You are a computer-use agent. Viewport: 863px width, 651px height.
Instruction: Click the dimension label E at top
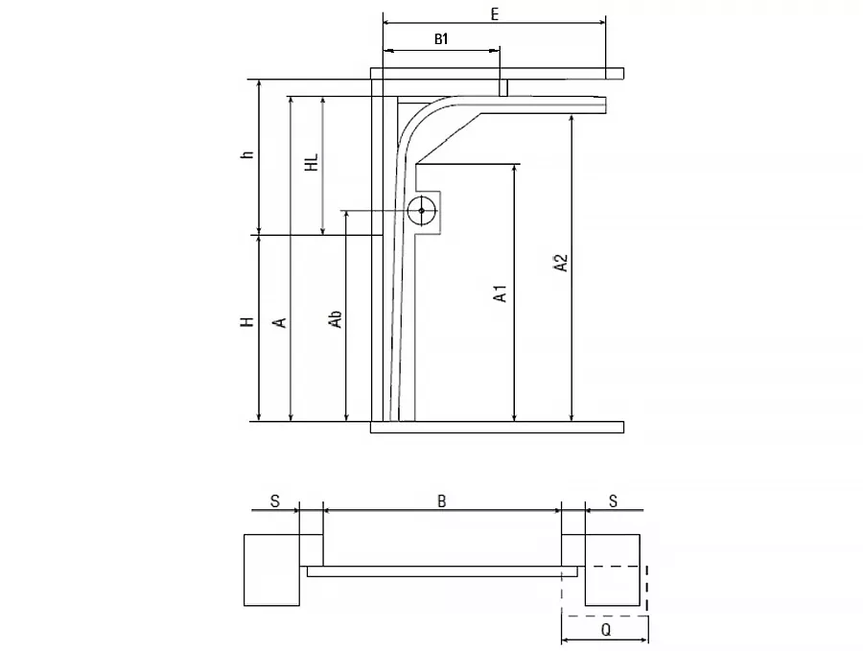point(494,14)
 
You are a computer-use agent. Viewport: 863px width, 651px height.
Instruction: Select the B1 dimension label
point(441,39)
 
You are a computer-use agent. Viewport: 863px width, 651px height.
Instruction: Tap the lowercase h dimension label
point(248,154)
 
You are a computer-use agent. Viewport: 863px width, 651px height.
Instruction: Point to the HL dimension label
point(312,162)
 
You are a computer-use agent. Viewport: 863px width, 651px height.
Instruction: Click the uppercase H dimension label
point(248,321)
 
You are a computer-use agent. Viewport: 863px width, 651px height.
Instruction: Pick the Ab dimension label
point(336,319)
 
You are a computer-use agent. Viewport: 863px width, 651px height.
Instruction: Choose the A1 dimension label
point(500,293)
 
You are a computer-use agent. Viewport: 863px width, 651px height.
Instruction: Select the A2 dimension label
point(560,263)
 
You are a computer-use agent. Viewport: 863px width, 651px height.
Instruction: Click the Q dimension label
point(605,630)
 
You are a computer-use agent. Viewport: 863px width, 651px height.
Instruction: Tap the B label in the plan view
point(441,500)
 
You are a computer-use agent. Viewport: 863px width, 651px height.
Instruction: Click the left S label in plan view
point(274,501)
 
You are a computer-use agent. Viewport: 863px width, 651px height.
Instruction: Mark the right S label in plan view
point(613,501)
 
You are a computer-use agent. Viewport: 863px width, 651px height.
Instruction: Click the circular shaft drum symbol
point(422,211)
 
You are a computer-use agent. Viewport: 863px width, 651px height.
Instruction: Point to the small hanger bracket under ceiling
point(503,87)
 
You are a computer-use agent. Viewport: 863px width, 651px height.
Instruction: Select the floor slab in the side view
point(497,427)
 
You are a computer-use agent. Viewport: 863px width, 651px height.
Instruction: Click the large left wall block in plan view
point(272,570)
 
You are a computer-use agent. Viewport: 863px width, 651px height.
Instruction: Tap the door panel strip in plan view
point(442,571)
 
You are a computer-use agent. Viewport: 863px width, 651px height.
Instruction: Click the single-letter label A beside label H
point(280,322)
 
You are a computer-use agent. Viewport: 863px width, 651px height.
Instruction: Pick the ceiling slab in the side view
point(497,73)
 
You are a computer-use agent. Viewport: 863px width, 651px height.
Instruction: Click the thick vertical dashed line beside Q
point(646,588)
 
